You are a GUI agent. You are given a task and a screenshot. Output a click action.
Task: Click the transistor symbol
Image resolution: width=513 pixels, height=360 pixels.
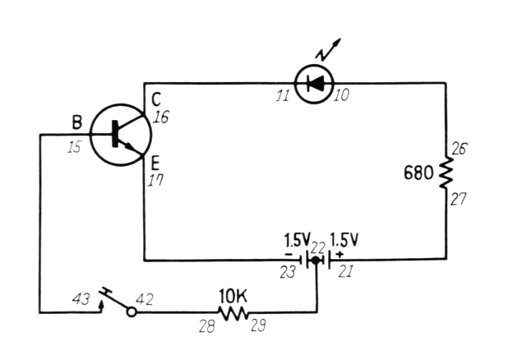(120, 135)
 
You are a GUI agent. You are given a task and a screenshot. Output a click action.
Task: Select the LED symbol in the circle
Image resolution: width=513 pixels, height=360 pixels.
(313, 82)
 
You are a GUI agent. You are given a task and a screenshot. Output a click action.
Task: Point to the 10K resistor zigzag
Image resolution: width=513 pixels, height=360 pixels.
(234, 312)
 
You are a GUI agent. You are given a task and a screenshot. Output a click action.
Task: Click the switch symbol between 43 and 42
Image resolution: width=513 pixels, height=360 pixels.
(116, 302)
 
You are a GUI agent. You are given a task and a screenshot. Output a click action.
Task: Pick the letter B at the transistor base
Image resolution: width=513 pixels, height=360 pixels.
(76, 123)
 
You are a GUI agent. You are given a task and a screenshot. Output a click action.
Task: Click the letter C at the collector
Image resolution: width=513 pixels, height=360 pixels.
(156, 101)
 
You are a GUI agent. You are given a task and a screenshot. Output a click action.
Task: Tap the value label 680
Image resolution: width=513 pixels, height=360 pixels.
(419, 173)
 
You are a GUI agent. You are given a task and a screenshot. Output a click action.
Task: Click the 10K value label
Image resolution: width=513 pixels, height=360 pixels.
(233, 294)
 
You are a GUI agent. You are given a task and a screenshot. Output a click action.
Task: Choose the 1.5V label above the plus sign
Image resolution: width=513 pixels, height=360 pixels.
(344, 241)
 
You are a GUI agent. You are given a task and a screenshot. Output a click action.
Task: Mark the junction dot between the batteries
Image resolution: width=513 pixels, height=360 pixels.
(317, 260)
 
